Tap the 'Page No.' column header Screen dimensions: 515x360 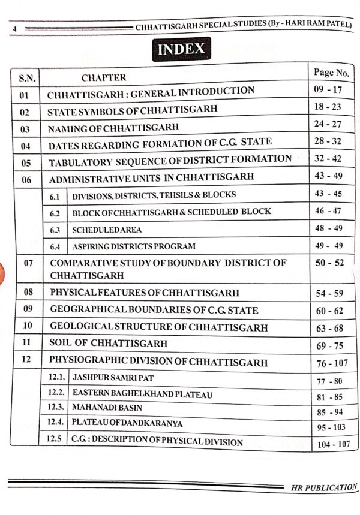pos(331,73)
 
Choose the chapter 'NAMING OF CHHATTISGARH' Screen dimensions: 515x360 pos(113,128)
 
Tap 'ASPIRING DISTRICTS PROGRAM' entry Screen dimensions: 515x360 pos(134,246)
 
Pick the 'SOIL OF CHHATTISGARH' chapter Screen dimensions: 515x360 pos(109,344)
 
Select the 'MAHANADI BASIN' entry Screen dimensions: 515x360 pos(100,409)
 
